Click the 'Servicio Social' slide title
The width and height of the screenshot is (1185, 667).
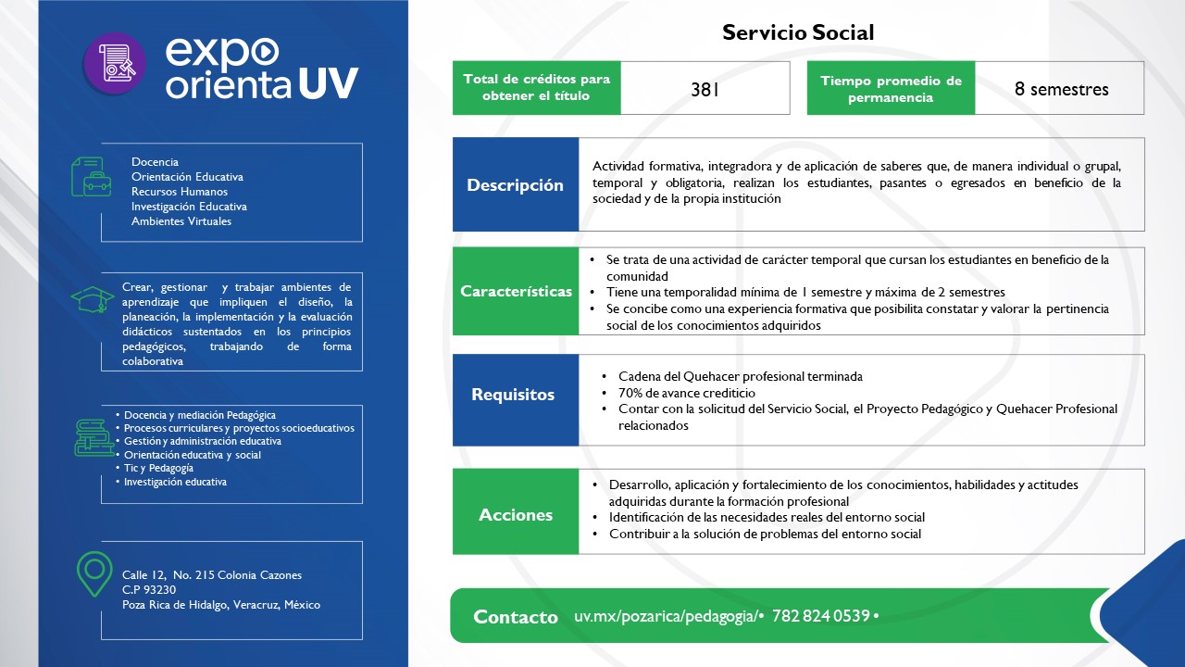(x=798, y=32)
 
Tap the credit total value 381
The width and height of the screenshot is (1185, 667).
(x=705, y=90)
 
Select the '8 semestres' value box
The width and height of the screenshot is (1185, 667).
(x=1061, y=89)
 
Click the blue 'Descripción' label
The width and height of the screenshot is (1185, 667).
(x=515, y=184)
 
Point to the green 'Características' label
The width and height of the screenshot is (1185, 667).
(x=516, y=291)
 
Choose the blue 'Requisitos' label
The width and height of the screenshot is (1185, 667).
(x=513, y=395)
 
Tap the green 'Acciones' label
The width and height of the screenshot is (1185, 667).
(x=516, y=515)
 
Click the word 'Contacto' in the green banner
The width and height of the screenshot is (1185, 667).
(x=516, y=617)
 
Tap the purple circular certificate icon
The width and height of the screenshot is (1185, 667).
(x=115, y=64)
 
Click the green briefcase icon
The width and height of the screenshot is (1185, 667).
(x=91, y=176)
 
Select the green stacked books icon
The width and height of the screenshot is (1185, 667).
(x=94, y=437)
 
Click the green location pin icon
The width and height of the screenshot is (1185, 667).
(x=94, y=574)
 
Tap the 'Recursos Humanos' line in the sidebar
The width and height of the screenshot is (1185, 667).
(x=181, y=192)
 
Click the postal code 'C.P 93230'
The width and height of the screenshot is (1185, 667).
(x=149, y=590)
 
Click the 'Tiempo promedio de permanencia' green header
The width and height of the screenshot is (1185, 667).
(x=891, y=89)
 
